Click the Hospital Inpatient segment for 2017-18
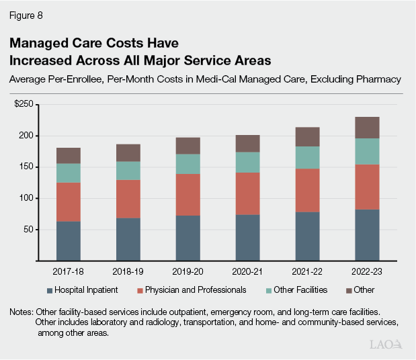point(69,240)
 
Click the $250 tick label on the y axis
point(24,105)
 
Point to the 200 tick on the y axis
point(26,136)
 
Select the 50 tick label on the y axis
point(28,229)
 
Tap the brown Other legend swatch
point(349,290)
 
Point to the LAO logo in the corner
point(386,345)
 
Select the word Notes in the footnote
point(23,312)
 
